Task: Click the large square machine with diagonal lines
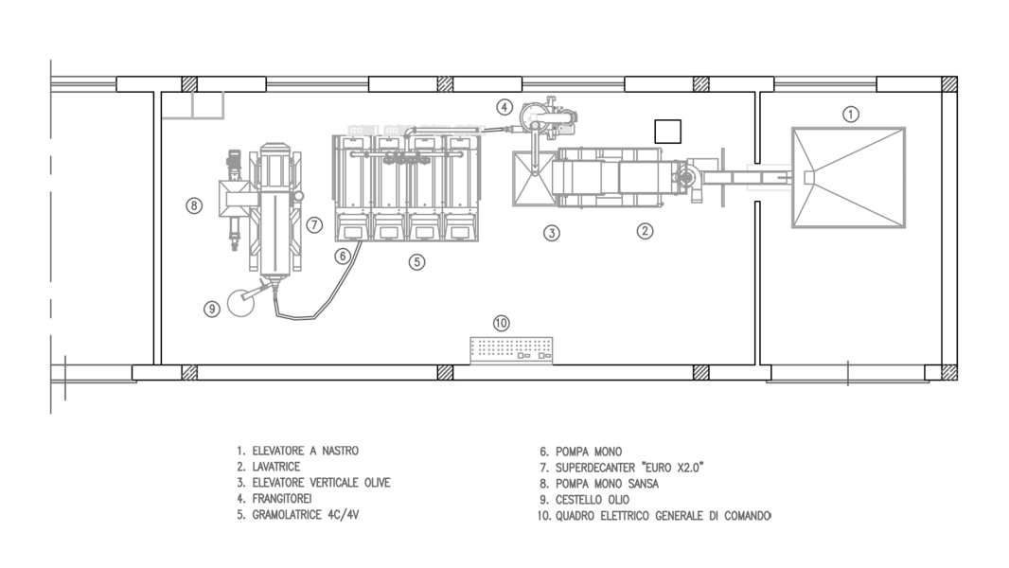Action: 849,177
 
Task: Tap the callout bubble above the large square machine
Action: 850,115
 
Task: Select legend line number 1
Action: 298,452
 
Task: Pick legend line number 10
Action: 654,516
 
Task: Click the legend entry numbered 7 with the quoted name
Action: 622,468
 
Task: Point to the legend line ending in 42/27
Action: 298,515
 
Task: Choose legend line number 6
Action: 580,452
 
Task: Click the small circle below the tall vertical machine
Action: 240,303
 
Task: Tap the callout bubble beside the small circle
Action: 212,309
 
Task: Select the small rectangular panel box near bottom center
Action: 511,350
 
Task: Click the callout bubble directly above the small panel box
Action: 502,323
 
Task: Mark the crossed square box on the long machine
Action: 533,177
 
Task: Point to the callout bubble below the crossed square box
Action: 552,232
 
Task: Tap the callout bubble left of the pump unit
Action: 504,107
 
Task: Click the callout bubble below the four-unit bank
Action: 416,262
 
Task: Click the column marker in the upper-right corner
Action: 949,84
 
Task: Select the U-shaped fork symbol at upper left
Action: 195,107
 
